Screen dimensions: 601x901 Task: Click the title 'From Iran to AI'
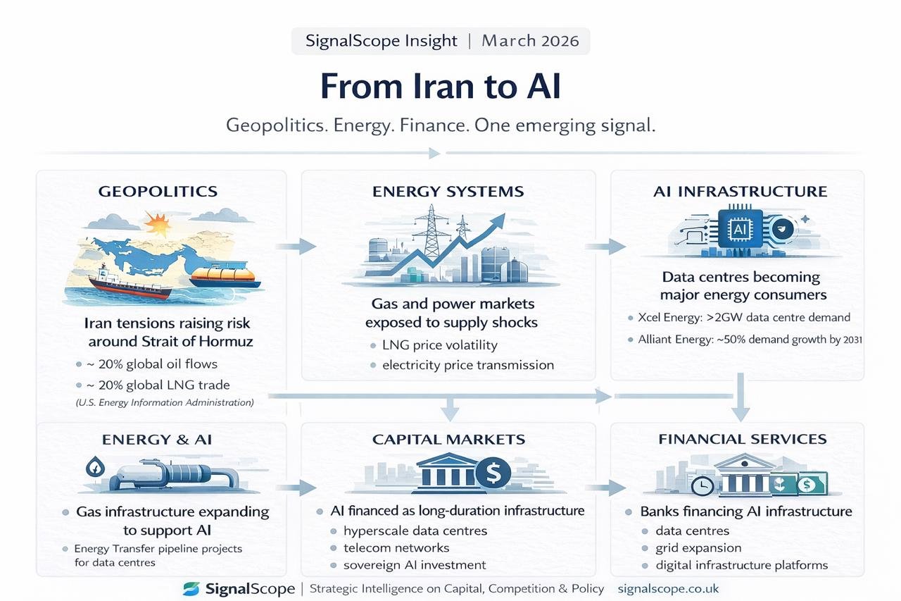tap(441, 87)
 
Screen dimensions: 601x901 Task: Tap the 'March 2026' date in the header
tap(530, 41)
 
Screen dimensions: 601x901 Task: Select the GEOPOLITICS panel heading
tap(158, 192)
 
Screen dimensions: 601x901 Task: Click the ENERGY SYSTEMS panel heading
tap(448, 192)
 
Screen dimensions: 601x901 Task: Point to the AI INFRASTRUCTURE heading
tap(739, 192)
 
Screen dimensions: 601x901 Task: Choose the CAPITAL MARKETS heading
tap(448, 440)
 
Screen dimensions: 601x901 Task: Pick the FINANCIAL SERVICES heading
tap(743, 440)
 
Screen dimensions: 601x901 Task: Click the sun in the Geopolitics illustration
tap(157, 225)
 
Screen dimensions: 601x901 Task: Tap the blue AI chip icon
tap(739, 229)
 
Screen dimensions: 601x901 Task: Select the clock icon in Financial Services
tap(702, 485)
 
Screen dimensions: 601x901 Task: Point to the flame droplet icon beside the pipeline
tap(94, 466)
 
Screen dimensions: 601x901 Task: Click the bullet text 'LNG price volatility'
tap(439, 345)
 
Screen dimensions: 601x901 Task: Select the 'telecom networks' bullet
tap(396, 548)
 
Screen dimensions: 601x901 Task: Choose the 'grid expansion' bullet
tap(698, 548)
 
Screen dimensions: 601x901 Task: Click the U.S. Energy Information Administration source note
tap(165, 403)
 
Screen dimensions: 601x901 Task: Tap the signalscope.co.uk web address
tap(668, 589)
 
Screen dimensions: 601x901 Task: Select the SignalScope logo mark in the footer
tap(191, 589)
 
